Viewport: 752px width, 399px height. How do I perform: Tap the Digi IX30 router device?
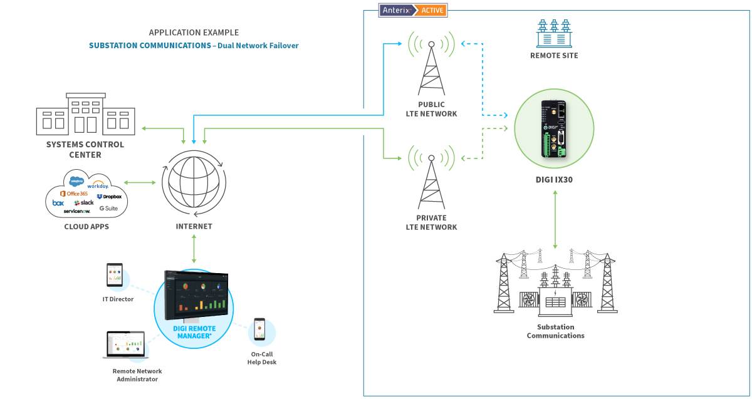pos(554,129)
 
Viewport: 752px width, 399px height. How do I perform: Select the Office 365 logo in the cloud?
pos(74,194)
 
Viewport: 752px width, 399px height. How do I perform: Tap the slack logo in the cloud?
pos(84,203)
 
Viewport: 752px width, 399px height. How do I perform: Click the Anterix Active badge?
pos(413,10)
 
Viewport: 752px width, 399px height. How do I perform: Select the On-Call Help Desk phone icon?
pos(259,330)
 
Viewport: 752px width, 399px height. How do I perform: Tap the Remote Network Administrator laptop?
pos(124,345)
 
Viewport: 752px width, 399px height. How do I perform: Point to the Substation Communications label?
pos(555,331)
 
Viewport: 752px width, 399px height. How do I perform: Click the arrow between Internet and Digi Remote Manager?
pos(194,249)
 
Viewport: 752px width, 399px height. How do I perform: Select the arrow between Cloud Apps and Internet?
pos(141,183)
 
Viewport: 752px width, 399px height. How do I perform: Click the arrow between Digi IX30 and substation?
pos(556,219)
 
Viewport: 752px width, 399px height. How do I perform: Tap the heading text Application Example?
pos(194,33)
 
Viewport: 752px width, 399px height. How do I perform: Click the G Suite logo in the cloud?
pos(108,208)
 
